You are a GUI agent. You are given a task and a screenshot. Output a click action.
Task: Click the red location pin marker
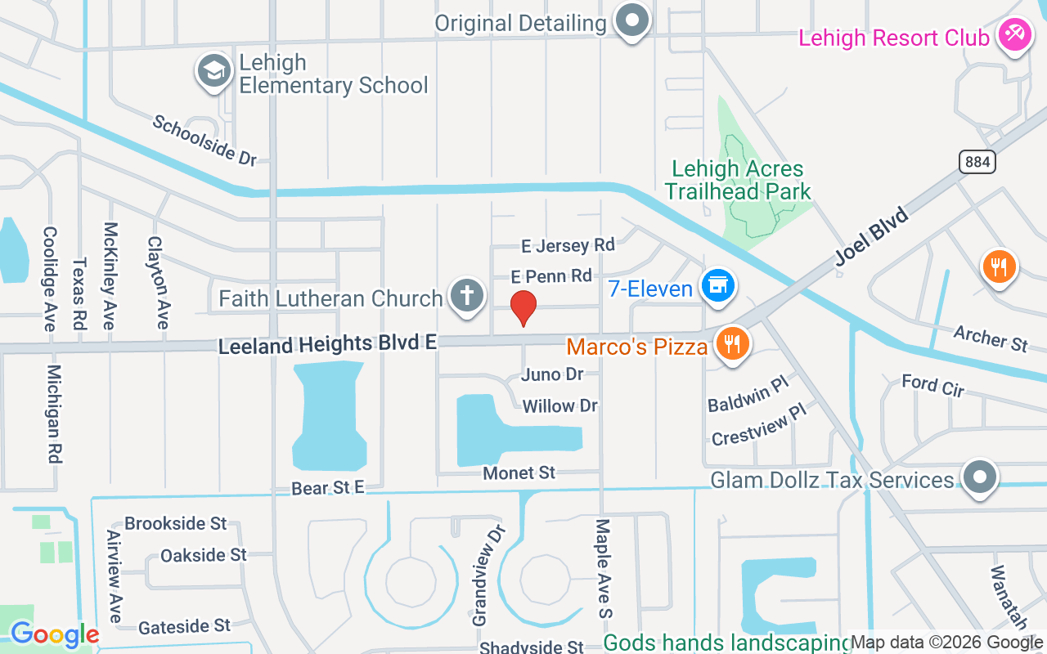coord(523,307)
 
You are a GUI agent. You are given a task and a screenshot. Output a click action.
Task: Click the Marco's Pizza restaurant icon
coord(731,344)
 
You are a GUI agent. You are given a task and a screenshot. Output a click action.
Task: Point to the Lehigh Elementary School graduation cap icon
coord(214,71)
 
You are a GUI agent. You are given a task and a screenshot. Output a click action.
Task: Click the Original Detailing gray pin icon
coord(632,20)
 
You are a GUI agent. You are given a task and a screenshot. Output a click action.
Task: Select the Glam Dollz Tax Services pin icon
coord(979,477)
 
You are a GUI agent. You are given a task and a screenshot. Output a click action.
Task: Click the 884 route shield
coord(977,162)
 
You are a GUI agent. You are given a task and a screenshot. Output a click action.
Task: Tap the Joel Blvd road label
coord(872,236)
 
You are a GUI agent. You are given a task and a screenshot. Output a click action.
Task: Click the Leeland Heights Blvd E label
coord(327,344)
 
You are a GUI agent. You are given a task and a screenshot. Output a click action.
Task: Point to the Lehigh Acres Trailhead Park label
coord(738,181)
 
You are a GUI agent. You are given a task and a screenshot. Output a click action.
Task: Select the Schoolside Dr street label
coord(204,140)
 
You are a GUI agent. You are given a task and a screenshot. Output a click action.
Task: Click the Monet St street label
coord(519,473)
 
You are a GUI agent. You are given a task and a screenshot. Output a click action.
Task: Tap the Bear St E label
coord(327,488)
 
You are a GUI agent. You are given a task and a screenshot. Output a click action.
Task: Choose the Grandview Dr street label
coord(488,576)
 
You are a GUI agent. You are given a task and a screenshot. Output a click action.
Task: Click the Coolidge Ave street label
coord(49,278)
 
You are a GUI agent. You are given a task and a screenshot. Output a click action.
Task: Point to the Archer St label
coord(991,338)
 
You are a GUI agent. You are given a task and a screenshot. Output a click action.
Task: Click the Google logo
coord(55,634)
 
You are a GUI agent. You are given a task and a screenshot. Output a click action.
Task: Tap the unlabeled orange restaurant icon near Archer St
coord(998,267)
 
